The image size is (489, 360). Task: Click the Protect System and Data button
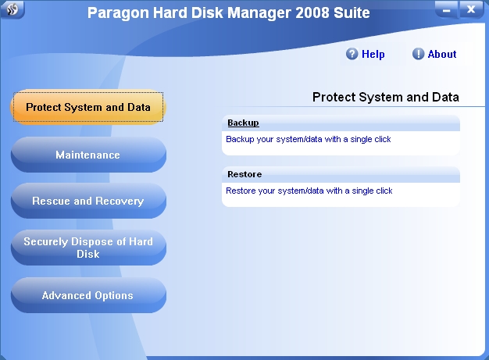pos(88,107)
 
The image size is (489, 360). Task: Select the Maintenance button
pos(88,155)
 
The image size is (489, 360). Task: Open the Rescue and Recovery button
pos(88,201)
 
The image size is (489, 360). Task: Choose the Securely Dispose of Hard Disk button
pos(88,248)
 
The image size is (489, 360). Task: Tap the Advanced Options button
pos(88,295)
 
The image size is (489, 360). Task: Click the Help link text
pos(373,54)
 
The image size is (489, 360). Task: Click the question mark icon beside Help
pos(352,54)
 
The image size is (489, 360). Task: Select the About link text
pos(442,54)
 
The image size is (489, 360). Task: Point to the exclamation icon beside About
pos(418,54)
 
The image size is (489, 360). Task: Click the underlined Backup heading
pos(243,123)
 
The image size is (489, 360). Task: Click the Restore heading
pos(244,174)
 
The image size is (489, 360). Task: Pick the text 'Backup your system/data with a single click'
pos(308,139)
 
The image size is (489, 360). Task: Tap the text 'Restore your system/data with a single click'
pos(309,191)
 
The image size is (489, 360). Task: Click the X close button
pos(471,9)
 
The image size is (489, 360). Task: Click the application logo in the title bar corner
pos(12,9)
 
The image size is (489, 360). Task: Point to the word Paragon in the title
pos(118,13)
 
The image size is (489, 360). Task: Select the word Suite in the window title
pos(352,12)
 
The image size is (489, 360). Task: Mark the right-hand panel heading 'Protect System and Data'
pos(385,98)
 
